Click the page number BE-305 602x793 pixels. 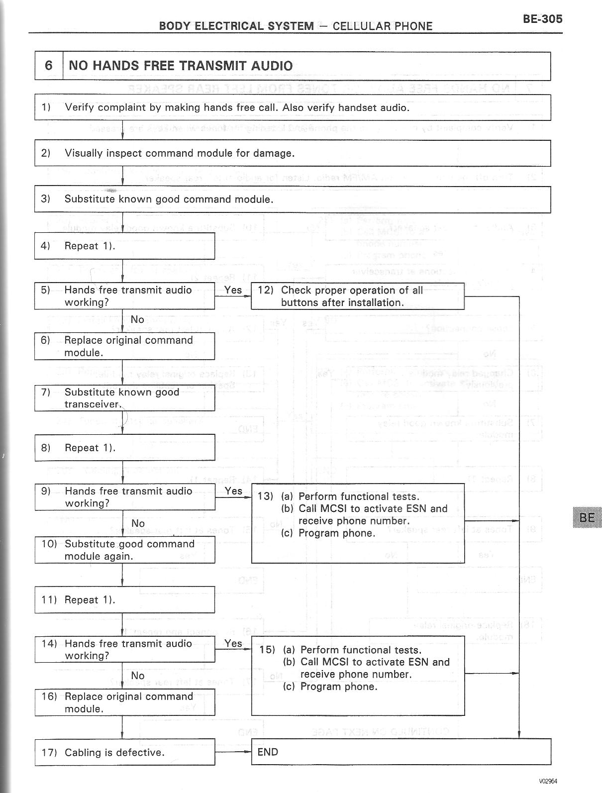[x=542, y=19]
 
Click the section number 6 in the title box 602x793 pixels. [x=48, y=66]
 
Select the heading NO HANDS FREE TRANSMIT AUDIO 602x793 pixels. [x=181, y=66]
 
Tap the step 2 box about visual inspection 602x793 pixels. [x=292, y=153]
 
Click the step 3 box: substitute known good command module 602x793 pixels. [x=292, y=199]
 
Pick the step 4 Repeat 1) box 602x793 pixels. [x=124, y=246]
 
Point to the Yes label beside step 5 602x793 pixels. [x=233, y=290]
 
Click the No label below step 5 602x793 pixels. [x=137, y=319]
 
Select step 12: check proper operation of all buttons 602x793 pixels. [x=357, y=297]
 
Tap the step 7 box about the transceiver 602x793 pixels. [x=124, y=398]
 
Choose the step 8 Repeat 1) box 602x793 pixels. [x=124, y=448]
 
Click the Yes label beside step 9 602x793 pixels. [x=233, y=491]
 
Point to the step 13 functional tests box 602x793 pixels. [x=357, y=523]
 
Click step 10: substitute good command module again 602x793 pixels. [x=124, y=550]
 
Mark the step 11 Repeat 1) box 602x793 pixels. [x=124, y=600]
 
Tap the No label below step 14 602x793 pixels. [x=138, y=676]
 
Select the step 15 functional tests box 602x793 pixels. [x=358, y=676]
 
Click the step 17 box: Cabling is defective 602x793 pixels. [x=124, y=752]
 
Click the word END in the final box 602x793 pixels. [x=268, y=752]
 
